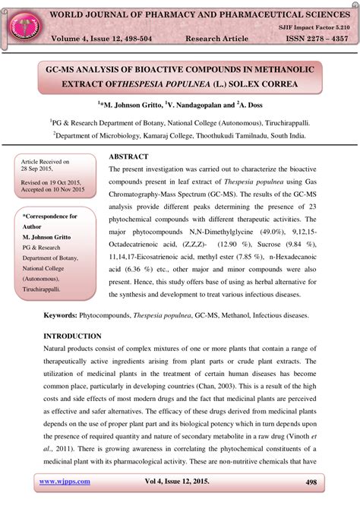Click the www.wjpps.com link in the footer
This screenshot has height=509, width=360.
(x=65, y=482)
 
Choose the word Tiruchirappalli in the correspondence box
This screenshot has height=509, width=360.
(x=46, y=289)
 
